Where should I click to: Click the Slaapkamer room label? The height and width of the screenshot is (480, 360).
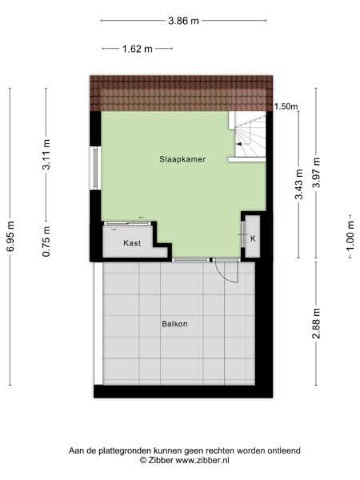click(183, 160)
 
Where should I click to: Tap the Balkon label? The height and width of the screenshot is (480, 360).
click(174, 324)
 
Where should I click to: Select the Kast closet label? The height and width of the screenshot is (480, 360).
click(133, 242)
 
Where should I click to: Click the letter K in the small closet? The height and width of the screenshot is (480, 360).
click(253, 238)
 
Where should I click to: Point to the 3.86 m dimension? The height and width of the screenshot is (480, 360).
click(184, 22)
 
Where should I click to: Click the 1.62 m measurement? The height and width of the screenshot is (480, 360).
click(138, 49)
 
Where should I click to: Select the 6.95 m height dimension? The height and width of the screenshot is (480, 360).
click(11, 236)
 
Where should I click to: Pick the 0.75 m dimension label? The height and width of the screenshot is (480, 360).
click(47, 240)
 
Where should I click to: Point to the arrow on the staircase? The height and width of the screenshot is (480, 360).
click(239, 143)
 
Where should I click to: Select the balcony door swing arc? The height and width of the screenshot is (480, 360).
click(229, 272)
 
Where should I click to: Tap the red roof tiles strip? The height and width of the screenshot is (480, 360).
click(182, 92)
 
